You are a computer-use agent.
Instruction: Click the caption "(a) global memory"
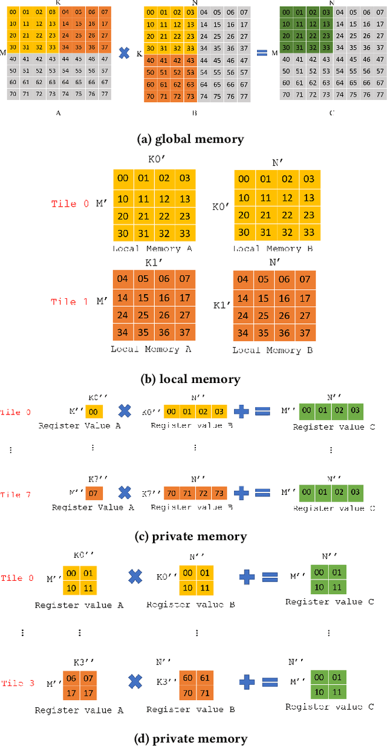191,139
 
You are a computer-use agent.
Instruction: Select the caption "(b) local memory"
190,379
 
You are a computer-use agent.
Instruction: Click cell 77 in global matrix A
105,94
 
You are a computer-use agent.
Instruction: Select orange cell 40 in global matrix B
151,60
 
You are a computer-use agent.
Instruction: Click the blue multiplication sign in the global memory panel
124,53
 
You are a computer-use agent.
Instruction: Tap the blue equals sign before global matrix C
262,53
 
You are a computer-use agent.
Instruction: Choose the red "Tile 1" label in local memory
72,302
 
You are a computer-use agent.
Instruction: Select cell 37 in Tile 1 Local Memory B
305,333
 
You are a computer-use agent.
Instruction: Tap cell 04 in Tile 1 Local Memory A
125,280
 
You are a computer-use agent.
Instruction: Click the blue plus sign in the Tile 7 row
241,493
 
